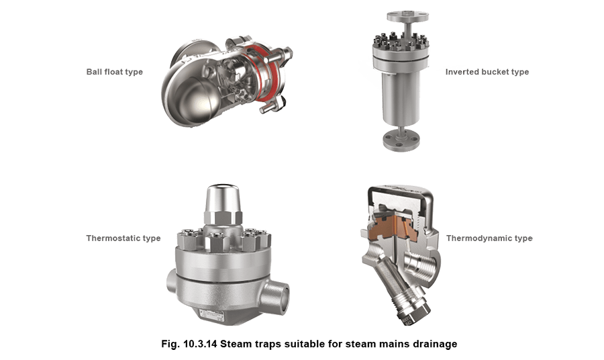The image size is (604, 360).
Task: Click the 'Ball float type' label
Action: point(115,72)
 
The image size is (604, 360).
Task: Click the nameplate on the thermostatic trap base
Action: point(214,316)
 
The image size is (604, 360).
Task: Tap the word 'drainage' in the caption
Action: point(434,345)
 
